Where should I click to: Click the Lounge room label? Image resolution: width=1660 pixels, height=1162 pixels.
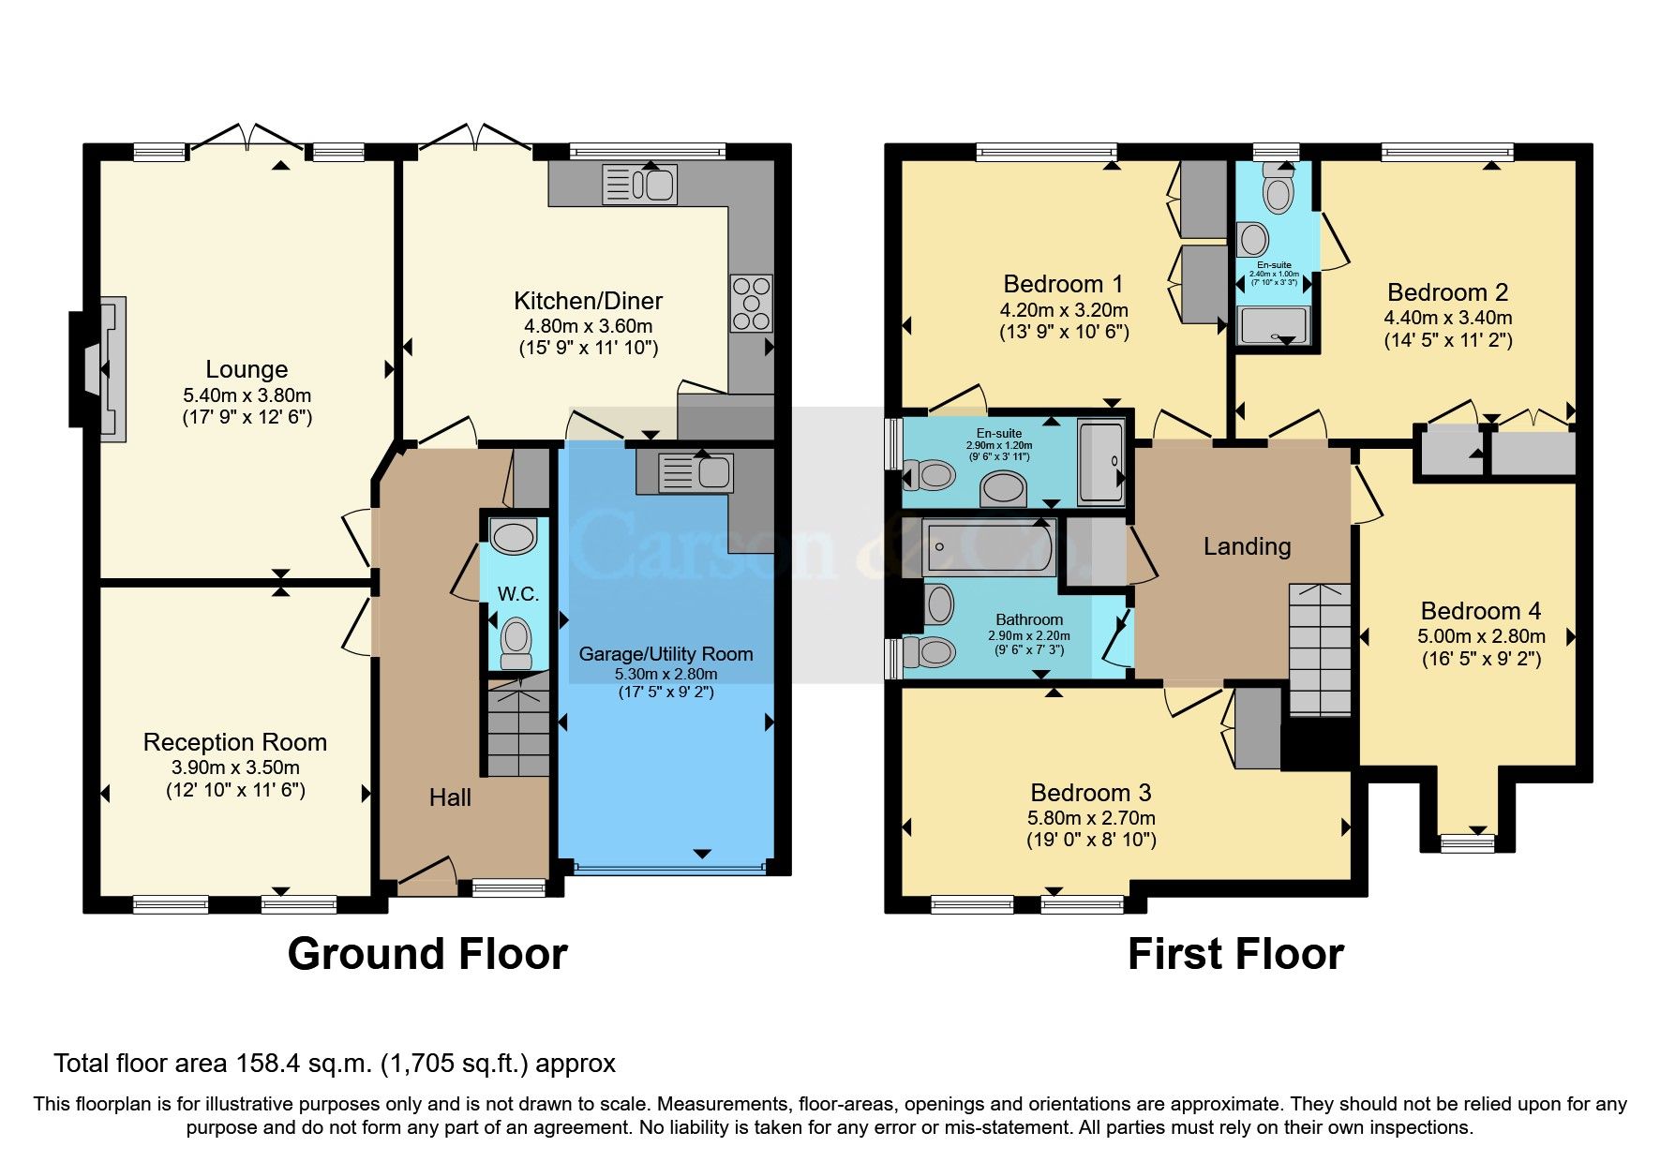(247, 369)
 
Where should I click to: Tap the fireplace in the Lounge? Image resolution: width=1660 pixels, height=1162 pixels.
(104, 369)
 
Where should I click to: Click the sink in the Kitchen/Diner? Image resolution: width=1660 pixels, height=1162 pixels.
(639, 184)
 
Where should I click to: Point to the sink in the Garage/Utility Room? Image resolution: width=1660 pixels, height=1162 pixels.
(695, 472)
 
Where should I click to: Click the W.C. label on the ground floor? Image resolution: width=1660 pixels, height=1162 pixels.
(517, 594)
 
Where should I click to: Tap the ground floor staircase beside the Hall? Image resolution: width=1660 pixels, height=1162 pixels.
(517, 731)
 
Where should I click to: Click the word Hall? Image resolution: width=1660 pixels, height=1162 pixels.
(450, 797)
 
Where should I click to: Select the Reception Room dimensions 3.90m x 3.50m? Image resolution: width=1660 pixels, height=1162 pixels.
(235, 767)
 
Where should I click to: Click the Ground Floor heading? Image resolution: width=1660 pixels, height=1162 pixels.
(427, 954)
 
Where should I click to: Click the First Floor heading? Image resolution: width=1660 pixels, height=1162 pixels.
(1235, 954)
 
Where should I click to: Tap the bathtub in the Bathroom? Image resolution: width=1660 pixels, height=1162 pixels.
(989, 547)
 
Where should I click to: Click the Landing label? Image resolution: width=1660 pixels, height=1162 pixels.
(1247, 546)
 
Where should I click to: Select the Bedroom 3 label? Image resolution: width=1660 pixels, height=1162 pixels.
(1091, 793)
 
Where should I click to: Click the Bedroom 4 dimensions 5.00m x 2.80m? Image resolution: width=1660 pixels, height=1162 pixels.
(1481, 636)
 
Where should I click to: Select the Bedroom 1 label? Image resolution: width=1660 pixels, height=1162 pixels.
(1063, 284)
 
